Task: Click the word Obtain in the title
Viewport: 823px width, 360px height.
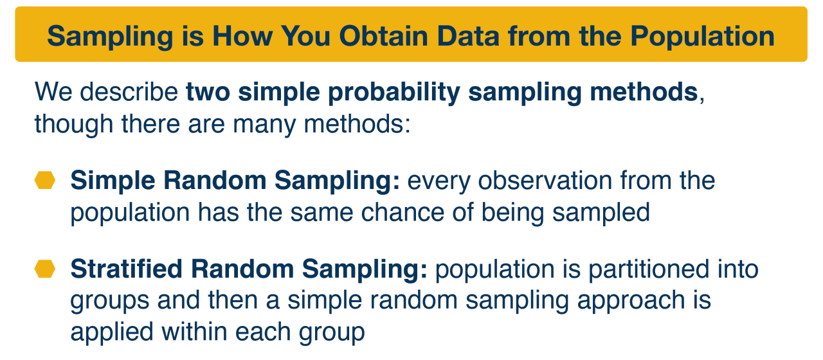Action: coord(383,36)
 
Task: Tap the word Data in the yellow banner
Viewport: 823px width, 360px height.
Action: coord(468,36)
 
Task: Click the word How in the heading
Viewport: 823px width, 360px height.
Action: coord(242,36)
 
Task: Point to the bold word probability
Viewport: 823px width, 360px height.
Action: coord(394,92)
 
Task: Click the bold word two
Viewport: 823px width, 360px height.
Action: coord(208,92)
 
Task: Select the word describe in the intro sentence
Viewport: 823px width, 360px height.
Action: coord(129,91)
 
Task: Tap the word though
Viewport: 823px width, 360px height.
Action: coord(74,125)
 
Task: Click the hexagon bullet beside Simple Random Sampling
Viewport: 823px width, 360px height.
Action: coord(45,180)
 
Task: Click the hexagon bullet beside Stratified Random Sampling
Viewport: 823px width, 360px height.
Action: coord(45,269)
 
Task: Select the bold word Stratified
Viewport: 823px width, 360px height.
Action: coord(127,269)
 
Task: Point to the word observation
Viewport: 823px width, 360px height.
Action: coord(545,181)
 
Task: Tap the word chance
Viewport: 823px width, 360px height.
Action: coord(402,212)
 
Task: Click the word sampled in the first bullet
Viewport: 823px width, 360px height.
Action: coord(601,213)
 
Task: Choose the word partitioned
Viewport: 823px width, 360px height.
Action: coord(649,269)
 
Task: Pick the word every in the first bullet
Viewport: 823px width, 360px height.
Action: coord(439,181)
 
